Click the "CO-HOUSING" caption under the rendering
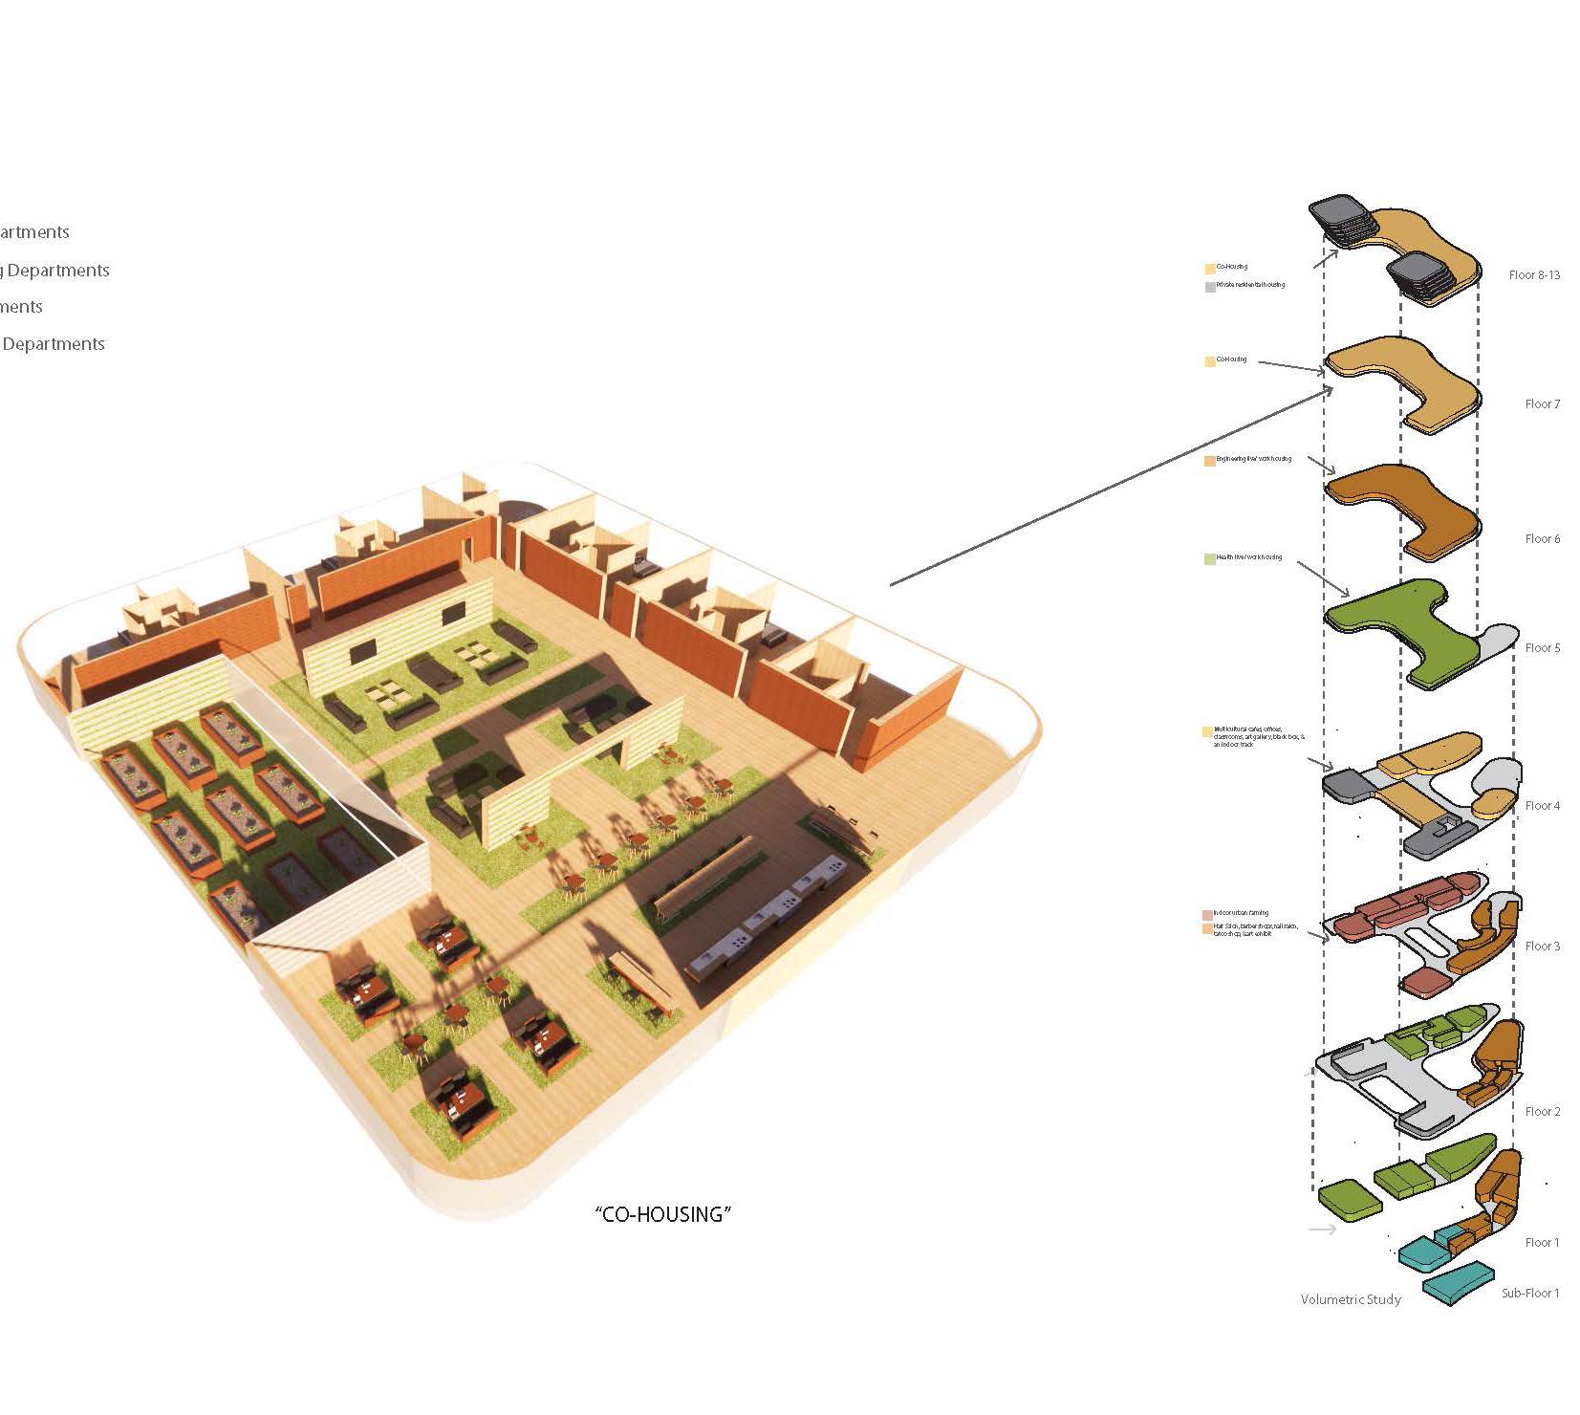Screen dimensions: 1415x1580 coord(662,1214)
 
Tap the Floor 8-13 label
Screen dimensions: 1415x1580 coord(1534,275)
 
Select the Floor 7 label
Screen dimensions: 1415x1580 coord(1542,404)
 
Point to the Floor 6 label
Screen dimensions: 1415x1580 coord(1542,539)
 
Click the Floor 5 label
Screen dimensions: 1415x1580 coord(1542,648)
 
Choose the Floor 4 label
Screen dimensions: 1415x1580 coord(1542,806)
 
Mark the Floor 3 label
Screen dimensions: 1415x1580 coord(1542,947)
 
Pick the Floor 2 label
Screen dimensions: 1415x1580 coord(1542,1112)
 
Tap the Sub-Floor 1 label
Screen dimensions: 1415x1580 coord(1529,1294)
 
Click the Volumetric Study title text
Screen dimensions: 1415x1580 coord(1350,1300)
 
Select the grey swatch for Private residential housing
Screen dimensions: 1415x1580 coord(1210,287)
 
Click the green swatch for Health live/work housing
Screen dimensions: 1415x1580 coord(1210,558)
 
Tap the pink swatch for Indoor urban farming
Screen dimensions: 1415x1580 coord(1207,915)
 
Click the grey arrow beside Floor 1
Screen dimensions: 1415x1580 coord(1322,1230)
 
